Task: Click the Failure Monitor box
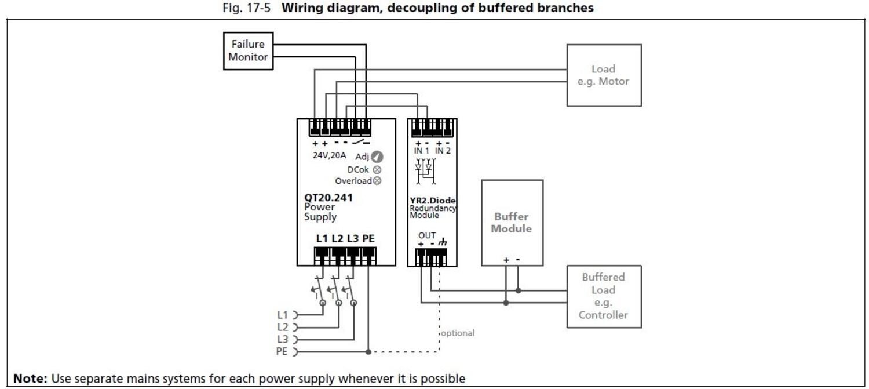(248, 51)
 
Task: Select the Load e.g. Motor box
(603, 75)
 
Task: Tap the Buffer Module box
(512, 223)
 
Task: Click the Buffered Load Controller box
(603, 296)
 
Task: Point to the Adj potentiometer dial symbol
(377, 157)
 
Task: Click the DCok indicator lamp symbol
(377, 170)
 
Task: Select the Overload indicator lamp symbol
(377, 181)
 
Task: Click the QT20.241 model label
(328, 198)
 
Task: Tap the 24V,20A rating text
(329, 155)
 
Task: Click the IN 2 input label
(443, 151)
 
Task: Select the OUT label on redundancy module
(427, 235)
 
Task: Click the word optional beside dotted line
(458, 333)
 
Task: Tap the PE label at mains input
(282, 351)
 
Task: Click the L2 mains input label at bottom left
(282, 327)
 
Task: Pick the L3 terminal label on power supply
(353, 238)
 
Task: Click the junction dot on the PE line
(368, 351)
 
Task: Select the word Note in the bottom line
(30, 379)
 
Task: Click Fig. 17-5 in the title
(246, 8)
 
